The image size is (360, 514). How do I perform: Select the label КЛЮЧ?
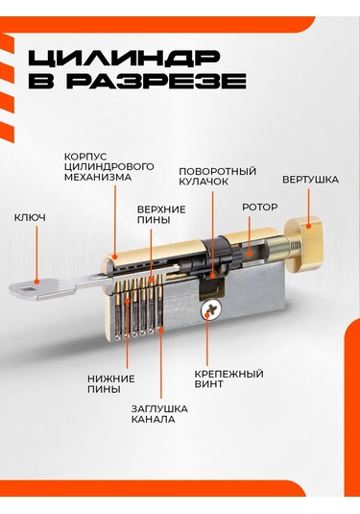(x=30, y=218)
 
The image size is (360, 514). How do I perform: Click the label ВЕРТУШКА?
(x=310, y=180)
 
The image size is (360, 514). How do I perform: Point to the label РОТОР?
(x=260, y=208)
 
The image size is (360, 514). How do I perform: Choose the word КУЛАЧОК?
(x=204, y=182)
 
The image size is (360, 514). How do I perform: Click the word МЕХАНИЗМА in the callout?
(x=98, y=177)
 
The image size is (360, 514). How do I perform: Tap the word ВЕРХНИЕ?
(x=161, y=209)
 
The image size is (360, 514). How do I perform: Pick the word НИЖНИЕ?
(x=110, y=379)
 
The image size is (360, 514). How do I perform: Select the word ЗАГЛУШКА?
(x=159, y=408)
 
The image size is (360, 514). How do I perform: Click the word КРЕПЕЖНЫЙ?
(x=229, y=374)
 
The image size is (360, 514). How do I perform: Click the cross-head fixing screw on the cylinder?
(x=210, y=309)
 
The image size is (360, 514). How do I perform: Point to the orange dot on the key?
(x=37, y=281)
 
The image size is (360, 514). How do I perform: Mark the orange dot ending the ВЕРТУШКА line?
(x=308, y=226)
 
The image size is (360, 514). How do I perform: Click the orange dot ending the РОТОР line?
(x=250, y=254)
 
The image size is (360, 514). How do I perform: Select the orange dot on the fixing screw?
(x=207, y=315)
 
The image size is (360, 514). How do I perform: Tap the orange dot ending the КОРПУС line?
(x=114, y=257)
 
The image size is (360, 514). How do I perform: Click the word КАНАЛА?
(x=153, y=419)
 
